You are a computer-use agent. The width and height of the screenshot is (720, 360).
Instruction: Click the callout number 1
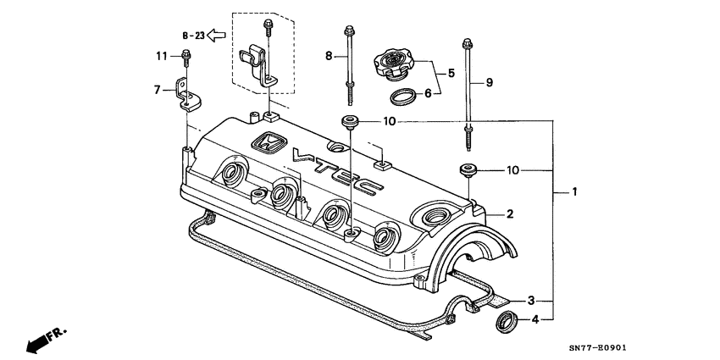point(574,192)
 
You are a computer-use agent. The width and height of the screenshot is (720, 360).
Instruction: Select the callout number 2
point(510,214)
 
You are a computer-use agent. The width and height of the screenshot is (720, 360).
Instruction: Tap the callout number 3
point(531,300)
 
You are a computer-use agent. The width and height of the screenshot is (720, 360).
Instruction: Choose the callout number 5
point(451,74)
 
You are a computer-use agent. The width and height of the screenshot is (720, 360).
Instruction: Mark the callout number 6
point(428,92)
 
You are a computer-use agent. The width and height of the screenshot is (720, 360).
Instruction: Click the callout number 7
point(157,89)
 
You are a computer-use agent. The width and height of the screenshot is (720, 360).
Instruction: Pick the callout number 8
point(330,57)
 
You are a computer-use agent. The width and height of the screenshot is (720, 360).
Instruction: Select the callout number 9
point(488,82)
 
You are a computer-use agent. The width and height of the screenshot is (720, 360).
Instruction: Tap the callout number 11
point(160,56)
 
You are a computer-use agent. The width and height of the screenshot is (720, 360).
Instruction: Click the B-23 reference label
point(193,36)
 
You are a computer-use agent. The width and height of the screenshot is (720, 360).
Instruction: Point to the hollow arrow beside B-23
point(217,36)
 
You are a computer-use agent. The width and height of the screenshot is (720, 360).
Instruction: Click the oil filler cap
point(392,64)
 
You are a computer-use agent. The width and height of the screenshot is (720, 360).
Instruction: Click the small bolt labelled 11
point(186,59)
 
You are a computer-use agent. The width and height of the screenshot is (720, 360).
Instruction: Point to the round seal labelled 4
point(506,321)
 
